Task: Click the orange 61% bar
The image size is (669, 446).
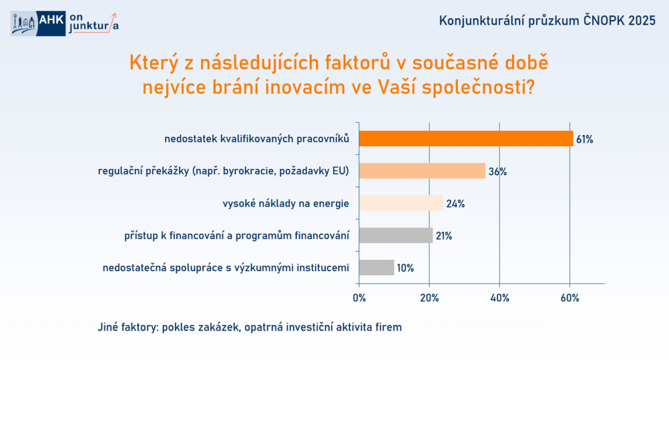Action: tap(466, 139)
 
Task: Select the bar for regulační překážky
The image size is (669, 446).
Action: tap(423, 171)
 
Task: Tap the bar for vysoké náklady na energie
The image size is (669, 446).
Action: tap(401, 203)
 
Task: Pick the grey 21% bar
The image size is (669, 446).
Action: tap(396, 235)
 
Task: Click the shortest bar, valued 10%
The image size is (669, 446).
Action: tap(377, 268)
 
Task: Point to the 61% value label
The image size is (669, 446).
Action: tap(584, 140)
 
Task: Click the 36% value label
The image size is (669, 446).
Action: tap(497, 172)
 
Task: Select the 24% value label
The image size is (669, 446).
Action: tap(455, 204)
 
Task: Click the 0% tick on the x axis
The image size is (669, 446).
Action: tap(359, 298)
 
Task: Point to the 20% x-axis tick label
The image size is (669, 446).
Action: tap(429, 298)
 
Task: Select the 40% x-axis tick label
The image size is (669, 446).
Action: tap(499, 298)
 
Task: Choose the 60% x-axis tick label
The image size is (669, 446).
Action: tap(570, 298)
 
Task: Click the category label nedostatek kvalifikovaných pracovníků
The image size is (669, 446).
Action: tap(257, 139)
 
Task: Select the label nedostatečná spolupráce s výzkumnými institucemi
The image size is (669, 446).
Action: tap(226, 268)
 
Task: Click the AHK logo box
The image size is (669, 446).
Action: tap(51, 23)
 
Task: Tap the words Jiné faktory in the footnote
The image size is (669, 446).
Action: tap(128, 327)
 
